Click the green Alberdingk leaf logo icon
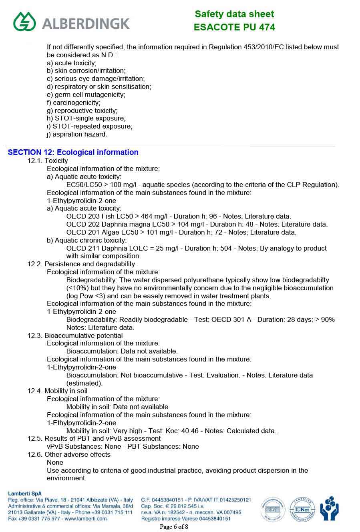click(x=24, y=21)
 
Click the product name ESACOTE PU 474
click(x=234, y=27)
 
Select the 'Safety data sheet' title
click(x=234, y=14)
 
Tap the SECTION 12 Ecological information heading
click(x=73, y=152)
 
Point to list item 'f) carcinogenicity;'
click(x=74, y=102)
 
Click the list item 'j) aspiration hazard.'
click(x=77, y=134)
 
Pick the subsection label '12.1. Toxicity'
click(x=48, y=161)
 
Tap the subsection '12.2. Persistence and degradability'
click(x=81, y=264)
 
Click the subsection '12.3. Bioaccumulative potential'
click(x=75, y=335)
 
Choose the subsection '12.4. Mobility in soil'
click(x=57, y=391)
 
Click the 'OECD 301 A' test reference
click(x=232, y=319)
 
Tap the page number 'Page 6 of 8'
click(x=174, y=527)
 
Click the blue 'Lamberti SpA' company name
click(x=25, y=494)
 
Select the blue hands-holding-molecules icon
click(x=329, y=509)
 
